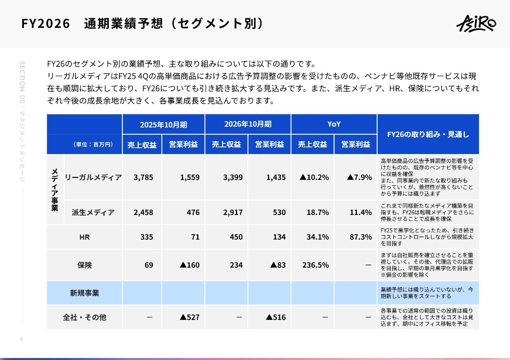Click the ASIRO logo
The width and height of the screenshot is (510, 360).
476,23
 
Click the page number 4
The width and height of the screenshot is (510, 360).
22,339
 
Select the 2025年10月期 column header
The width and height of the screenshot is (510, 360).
163,124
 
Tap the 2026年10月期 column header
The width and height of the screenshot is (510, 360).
248,124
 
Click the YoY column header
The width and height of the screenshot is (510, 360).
334,124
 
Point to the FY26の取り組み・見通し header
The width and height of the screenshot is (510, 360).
428,134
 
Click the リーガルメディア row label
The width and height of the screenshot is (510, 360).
93,177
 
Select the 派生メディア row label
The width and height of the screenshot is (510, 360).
93,212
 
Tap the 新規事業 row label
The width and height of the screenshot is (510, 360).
84,293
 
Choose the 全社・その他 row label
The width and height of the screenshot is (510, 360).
84,317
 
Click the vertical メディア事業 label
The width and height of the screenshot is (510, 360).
55,190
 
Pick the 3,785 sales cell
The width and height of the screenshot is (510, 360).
143,177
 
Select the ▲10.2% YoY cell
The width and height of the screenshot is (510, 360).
314,177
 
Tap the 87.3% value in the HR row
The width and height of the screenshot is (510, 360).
361,237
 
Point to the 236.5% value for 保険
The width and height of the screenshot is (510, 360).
316,265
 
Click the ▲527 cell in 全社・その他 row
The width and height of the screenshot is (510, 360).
190,317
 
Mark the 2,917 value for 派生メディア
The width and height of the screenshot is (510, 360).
233,212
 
